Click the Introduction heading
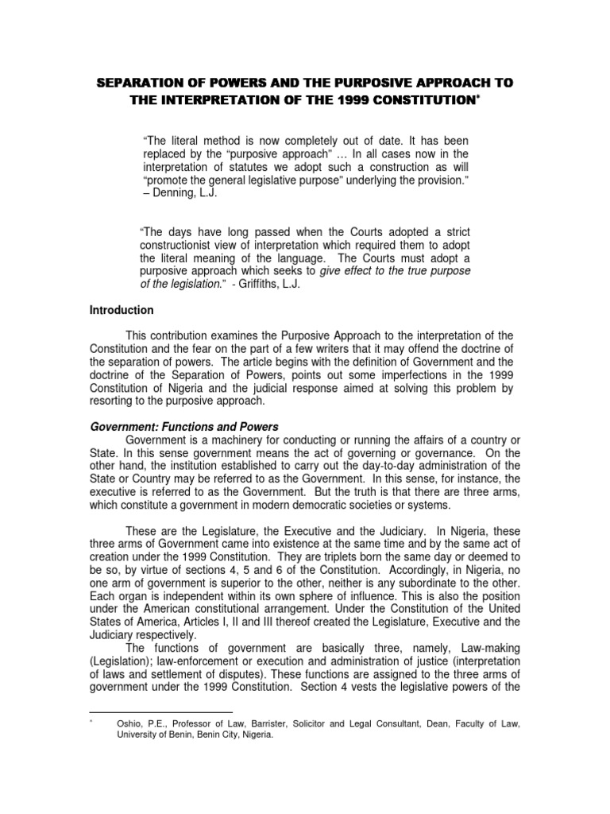[121, 311]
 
